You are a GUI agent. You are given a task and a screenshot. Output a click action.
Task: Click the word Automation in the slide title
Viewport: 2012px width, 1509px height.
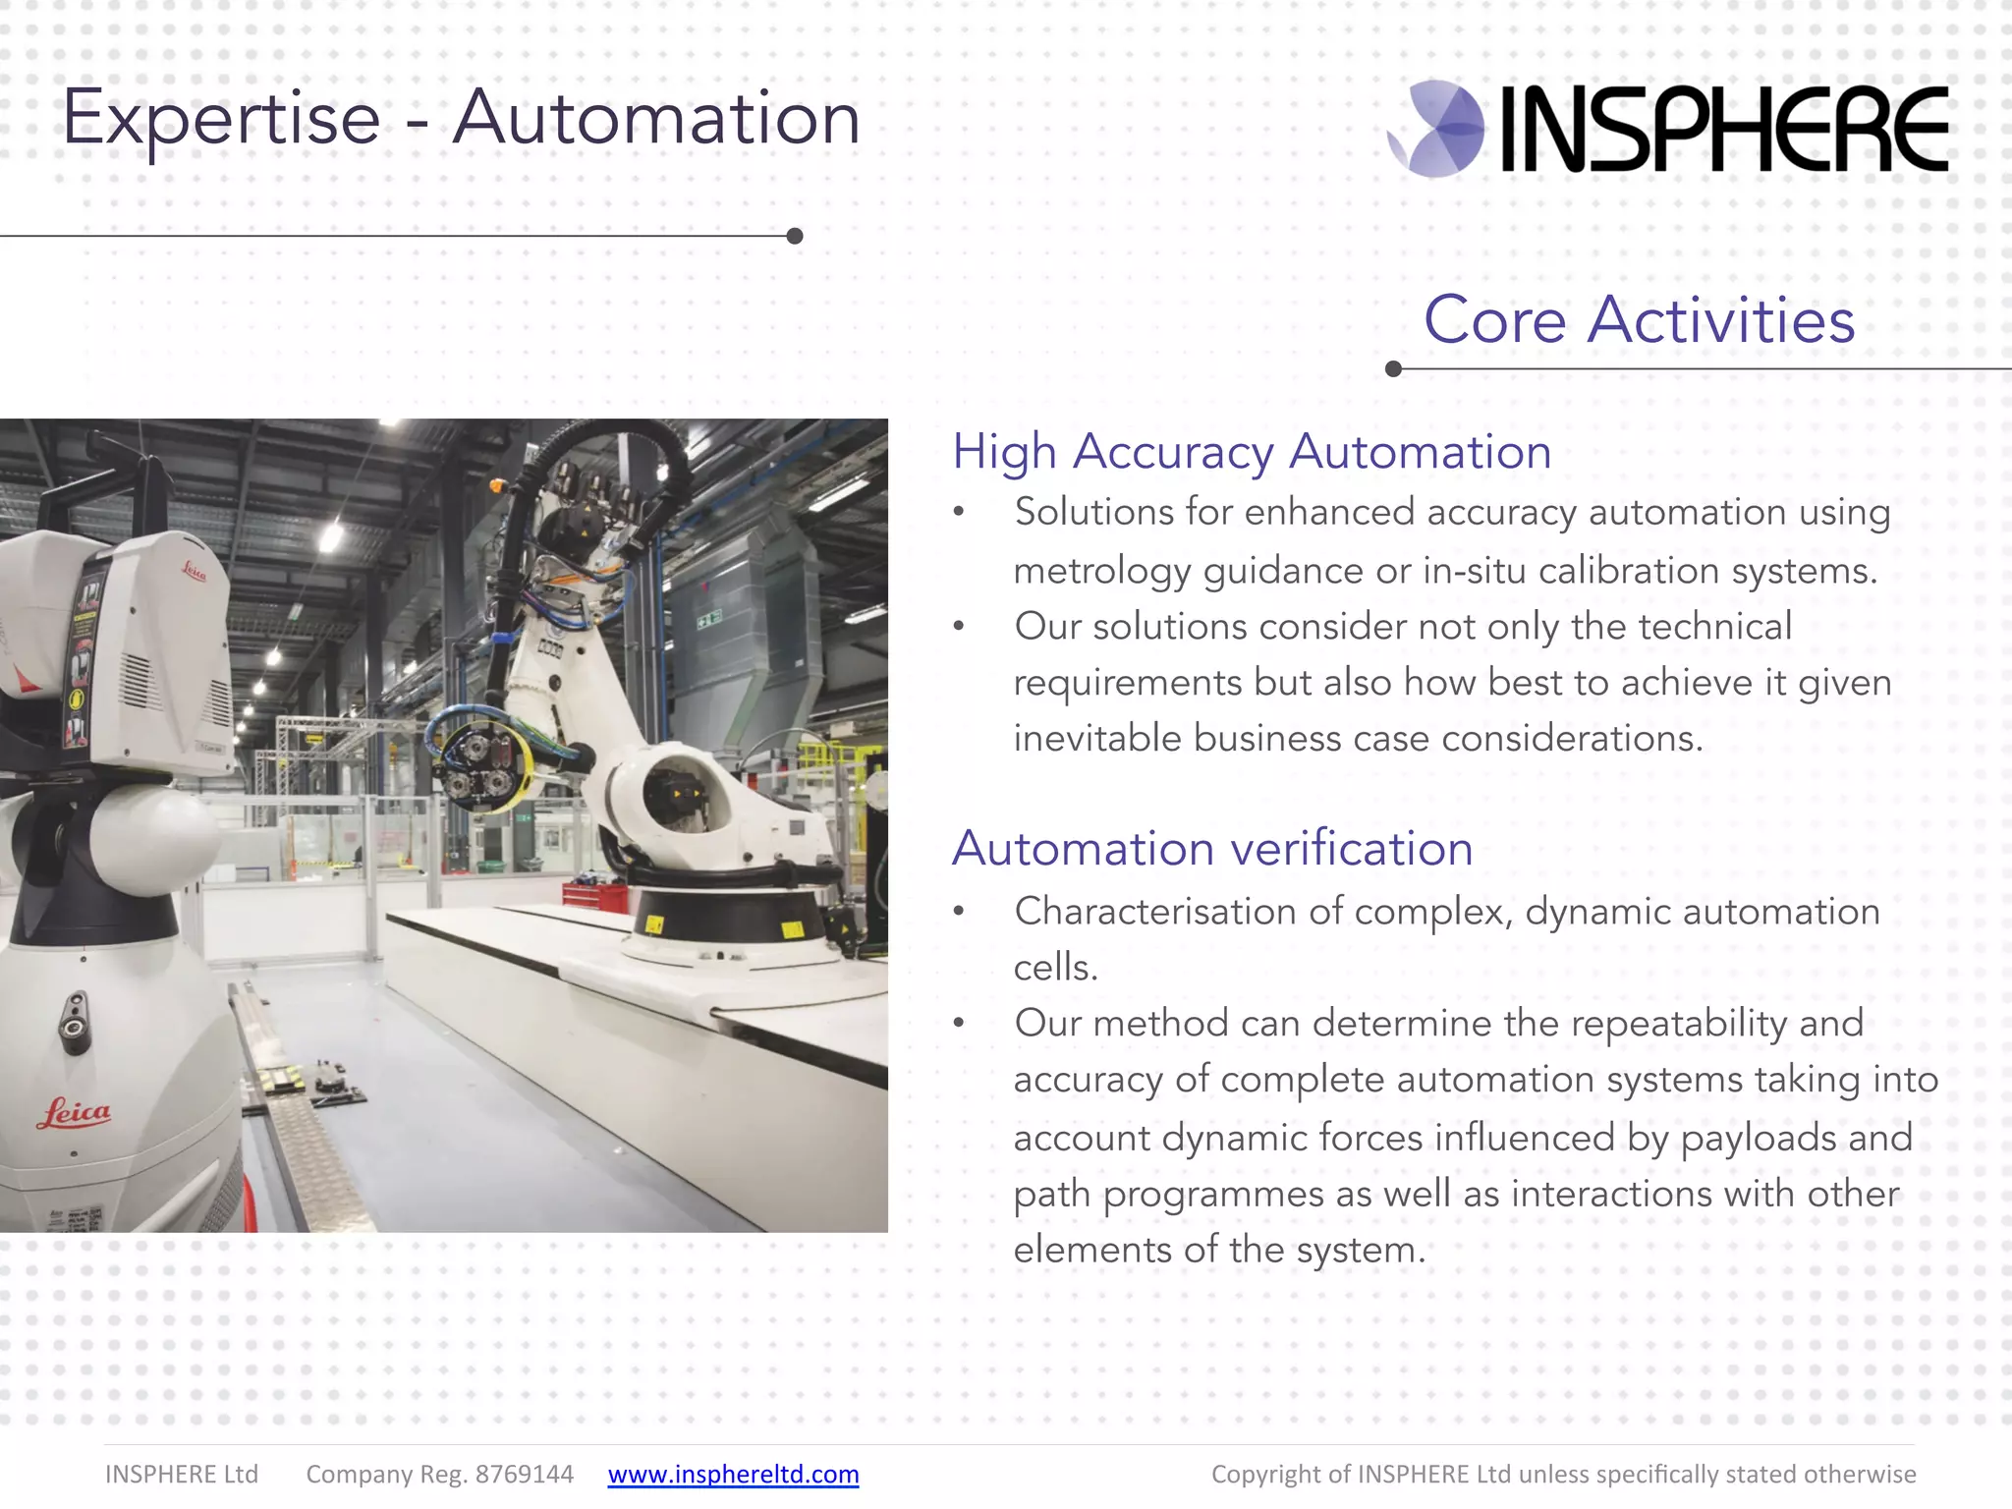656,118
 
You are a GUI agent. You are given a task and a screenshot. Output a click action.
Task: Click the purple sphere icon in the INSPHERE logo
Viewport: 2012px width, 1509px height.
1437,129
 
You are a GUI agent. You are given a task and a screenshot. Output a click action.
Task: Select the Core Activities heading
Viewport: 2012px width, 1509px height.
1639,320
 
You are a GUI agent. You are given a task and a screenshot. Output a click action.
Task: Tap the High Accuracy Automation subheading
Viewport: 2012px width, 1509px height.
1252,452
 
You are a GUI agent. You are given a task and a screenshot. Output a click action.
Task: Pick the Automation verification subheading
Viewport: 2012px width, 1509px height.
1212,849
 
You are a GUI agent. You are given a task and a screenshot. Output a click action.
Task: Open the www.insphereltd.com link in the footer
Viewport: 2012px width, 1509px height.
733,1475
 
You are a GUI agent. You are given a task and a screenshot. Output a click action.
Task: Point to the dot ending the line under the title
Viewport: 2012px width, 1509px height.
795,236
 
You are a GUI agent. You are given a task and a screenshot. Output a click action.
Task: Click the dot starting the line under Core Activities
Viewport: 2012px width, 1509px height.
1393,369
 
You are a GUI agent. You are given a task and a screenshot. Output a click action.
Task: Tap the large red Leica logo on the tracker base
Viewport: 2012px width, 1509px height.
74,1113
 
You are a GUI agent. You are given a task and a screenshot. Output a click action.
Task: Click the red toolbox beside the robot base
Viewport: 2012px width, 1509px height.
595,895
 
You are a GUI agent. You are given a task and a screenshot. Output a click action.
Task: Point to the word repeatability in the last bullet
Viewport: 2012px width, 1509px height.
1679,1024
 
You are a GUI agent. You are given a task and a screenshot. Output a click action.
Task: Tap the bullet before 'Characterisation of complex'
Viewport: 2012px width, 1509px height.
959,912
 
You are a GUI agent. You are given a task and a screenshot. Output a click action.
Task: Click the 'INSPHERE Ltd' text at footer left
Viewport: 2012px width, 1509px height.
182,1475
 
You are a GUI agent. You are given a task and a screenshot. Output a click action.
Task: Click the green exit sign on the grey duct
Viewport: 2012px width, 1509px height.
709,617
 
